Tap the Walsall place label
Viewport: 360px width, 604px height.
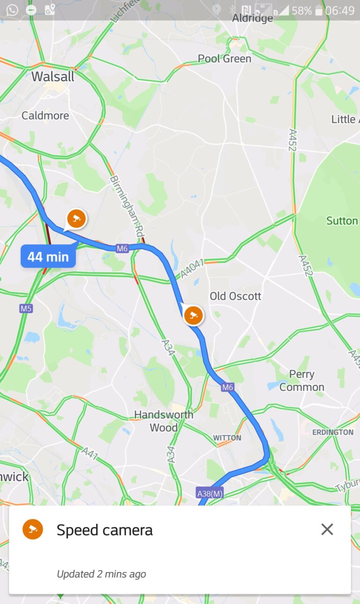tap(52, 76)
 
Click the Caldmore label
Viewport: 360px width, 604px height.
tap(45, 115)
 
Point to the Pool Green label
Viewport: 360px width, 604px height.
tap(225, 59)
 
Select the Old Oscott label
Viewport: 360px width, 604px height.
tap(235, 296)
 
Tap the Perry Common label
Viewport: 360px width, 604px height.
tap(302, 380)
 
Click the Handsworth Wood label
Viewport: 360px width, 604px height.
tap(164, 421)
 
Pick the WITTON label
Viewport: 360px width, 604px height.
tap(227, 438)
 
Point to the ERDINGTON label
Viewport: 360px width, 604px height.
tap(333, 432)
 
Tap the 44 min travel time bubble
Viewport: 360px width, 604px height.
tap(48, 257)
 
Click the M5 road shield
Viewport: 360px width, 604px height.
tap(26, 309)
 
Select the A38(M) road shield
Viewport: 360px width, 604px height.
tap(210, 492)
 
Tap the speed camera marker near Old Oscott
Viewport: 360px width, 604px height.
tap(193, 315)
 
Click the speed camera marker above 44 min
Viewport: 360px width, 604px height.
tap(76, 218)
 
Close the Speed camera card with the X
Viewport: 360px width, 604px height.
tap(327, 529)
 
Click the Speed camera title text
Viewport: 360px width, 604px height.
tap(105, 530)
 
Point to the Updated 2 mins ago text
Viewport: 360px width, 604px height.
tap(101, 574)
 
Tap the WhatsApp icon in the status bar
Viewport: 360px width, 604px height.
tap(12, 10)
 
